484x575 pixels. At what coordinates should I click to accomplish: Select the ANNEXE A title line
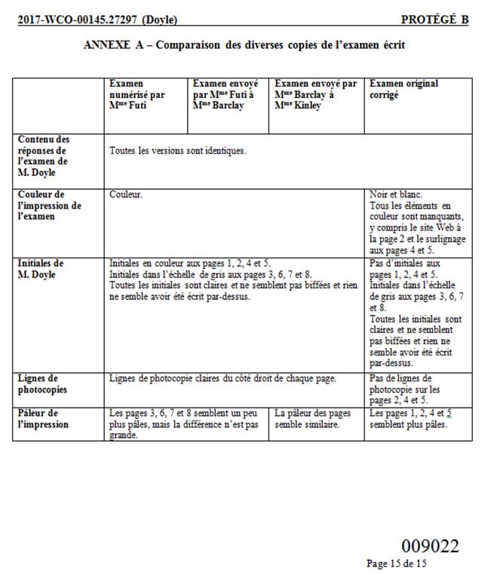[x=244, y=45]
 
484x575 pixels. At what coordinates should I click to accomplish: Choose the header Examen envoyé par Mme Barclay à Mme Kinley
[x=315, y=94]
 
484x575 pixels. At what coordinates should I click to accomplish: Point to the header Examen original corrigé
[x=404, y=89]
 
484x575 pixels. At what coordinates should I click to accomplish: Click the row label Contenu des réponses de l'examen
[x=44, y=155]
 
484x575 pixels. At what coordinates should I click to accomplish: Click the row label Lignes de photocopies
[x=43, y=384]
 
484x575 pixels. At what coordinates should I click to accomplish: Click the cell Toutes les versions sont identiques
[x=178, y=151]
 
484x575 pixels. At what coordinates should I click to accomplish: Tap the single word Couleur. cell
[x=126, y=194]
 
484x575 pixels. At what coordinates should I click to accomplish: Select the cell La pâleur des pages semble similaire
[x=313, y=418]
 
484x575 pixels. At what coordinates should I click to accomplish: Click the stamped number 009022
[x=430, y=546]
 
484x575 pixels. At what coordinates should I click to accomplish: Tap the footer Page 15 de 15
[x=417, y=564]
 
